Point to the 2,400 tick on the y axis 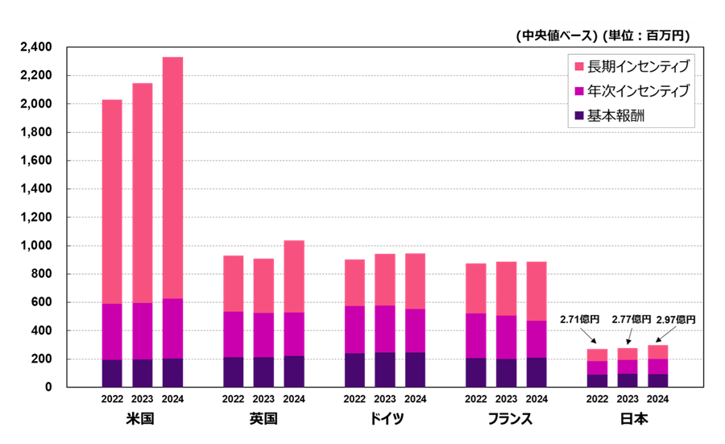click(36, 48)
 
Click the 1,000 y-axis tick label click(36, 246)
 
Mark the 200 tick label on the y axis click(42, 359)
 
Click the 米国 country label click(141, 420)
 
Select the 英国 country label click(263, 420)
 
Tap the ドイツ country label click(384, 420)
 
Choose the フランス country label click(506, 420)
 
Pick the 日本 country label click(628, 420)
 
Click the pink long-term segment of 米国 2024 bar click(172, 177)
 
